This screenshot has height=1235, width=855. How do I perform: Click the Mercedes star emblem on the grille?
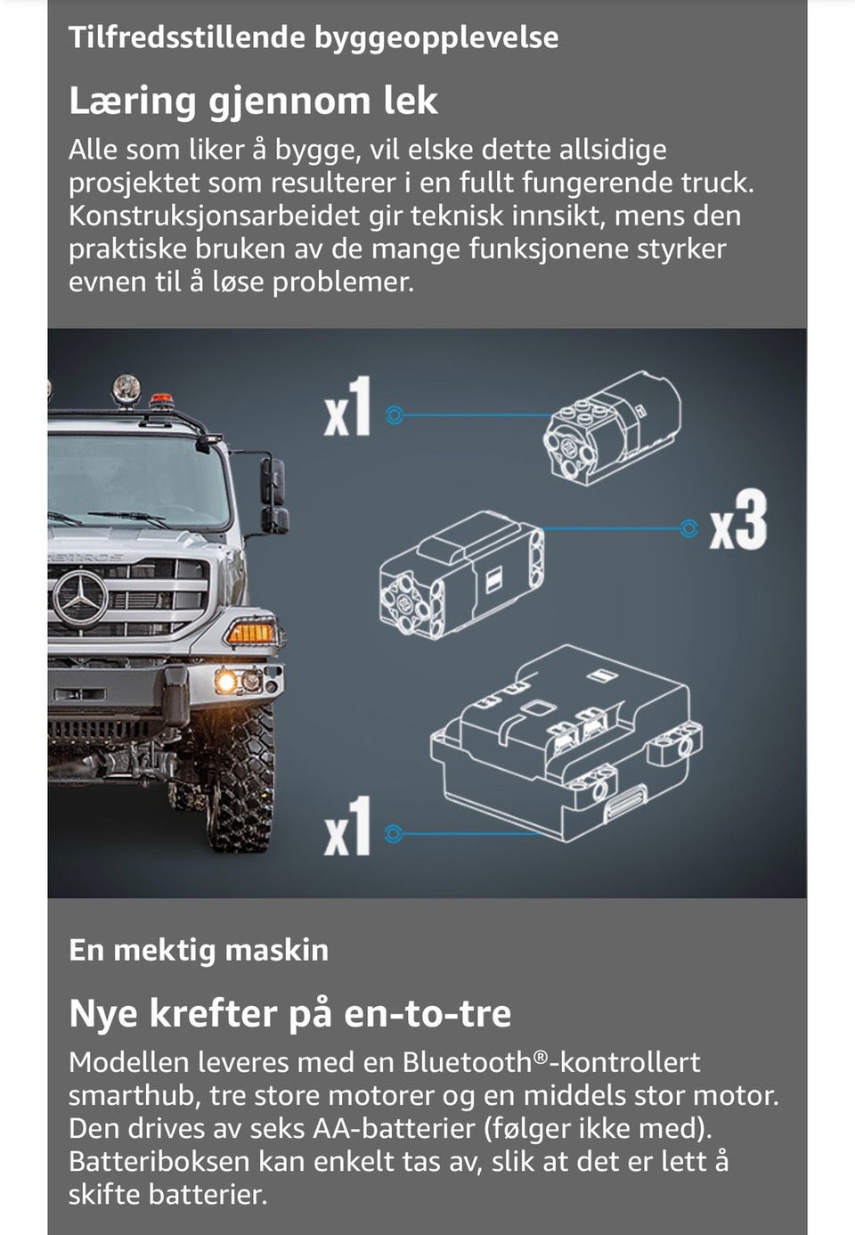tap(80, 599)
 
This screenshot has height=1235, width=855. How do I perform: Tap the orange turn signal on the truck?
tap(250, 633)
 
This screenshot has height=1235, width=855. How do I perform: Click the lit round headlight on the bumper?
tap(226, 682)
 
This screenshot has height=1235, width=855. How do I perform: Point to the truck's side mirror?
tap(273, 496)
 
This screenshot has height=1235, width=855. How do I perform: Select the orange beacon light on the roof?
tap(160, 399)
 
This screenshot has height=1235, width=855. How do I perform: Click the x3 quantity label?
tap(738, 520)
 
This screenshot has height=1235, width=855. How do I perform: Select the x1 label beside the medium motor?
tap(347, 407)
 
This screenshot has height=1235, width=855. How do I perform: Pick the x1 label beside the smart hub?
tap(347, 825)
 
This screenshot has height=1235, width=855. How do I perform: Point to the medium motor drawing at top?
tap(612, 428)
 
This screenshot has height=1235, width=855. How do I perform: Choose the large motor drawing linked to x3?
tap(461, 576)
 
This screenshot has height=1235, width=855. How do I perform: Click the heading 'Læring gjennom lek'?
tap(253, 101)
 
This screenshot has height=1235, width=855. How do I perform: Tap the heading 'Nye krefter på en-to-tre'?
tap(289, 1013)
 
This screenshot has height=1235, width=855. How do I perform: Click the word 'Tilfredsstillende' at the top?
tap(187, 37)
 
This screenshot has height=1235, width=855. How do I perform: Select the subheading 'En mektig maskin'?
tap(199, 949)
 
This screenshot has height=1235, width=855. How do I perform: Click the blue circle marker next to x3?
tap(688, 528)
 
